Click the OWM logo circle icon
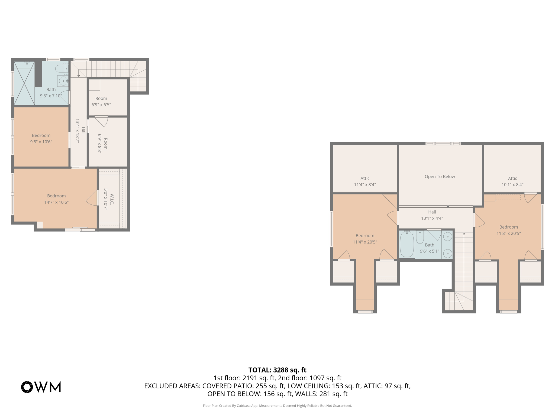tap(27, 387)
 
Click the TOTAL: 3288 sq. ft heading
tap(277, 370)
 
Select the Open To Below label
tap(440, 176)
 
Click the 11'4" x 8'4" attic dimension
tap(365, 185)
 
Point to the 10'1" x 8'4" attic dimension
tap(512, 185)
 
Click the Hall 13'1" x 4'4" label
tap(432, 215)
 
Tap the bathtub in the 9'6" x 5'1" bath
tap(407, 244)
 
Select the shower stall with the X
tap(24, 83)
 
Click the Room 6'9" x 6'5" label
tap(101, 102)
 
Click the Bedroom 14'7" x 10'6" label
tap(56, 199)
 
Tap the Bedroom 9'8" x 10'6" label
tap(41, 138)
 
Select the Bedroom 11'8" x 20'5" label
tap(508, 230)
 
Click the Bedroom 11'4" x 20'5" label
tap(365, 239)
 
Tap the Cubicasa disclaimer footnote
tap(277, 406)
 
